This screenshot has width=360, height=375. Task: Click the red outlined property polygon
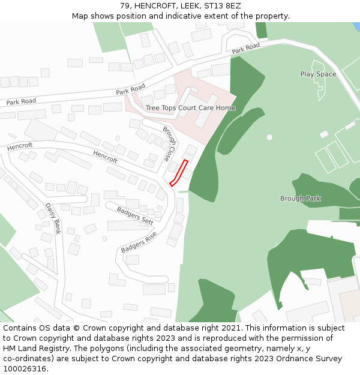(179, 173)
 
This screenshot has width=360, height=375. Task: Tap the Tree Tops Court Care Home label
(190, 108)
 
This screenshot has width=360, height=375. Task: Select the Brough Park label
(300, 199)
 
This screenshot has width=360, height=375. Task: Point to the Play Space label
(318, 74)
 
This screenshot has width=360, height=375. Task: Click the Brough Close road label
(170, 144)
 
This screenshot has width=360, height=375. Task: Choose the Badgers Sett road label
(135, 215)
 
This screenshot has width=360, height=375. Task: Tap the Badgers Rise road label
(139, 241)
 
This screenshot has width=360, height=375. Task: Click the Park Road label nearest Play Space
(245, 48)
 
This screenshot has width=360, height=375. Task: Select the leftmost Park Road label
(21, 102)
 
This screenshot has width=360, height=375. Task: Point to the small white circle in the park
(269, 137)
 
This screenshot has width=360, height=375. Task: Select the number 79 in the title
(125, 5)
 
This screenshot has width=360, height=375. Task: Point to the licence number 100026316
(25, 368)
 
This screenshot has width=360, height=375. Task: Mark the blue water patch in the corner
(356, 27)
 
